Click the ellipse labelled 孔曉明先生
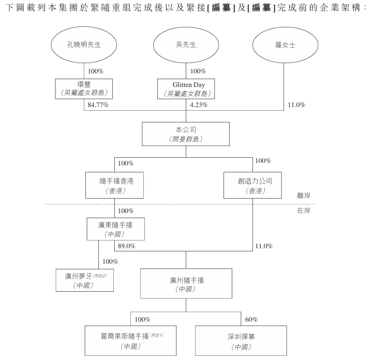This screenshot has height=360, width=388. coord(83,45)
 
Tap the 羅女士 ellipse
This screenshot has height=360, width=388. coord(285,45)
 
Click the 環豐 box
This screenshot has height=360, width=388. coord(84,88)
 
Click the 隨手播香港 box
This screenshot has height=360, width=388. coord(113,185)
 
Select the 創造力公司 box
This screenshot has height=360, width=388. coord(252,185)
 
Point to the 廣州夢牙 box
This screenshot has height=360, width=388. coord(84,280)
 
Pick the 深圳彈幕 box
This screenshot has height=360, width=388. coord(241,340)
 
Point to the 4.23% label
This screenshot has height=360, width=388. coord(199,105)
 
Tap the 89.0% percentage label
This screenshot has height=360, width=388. coord(127,246)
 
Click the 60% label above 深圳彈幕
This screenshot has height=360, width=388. coord(251,319)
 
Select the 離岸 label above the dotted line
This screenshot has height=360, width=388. coord(304,196)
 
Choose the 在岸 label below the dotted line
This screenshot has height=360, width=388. coord(304,211)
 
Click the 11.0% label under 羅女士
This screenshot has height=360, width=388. coord(297,105)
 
